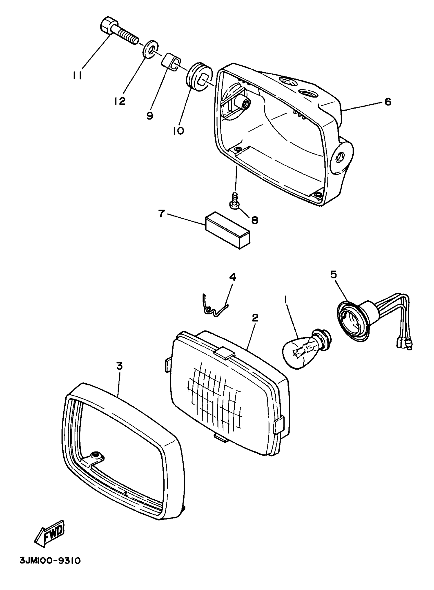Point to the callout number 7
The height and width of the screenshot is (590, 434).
pos(161,214)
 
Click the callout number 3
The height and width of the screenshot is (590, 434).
pos(119,366)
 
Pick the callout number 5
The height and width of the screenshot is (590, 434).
pos(333,275)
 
